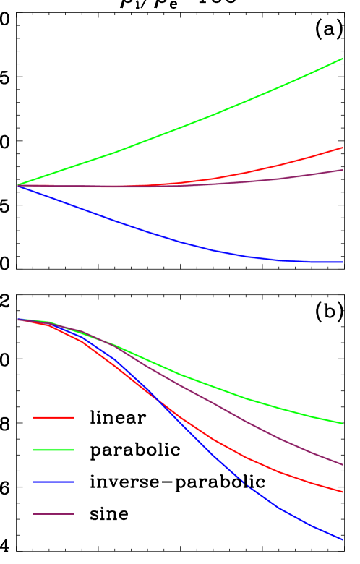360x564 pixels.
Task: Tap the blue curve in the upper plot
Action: tap(181, 241)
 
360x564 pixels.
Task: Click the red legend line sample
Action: tap(53, 417)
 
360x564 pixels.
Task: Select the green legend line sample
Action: tap(53, 450)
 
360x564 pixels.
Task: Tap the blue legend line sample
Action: tap(53, 482)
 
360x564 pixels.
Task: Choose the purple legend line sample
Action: tap(53, 514)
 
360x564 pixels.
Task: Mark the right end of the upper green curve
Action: tap(343, 59)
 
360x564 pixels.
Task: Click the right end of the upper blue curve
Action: tap(343, 262)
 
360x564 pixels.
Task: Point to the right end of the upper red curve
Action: tap(343, 148)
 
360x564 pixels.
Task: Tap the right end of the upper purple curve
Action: tap(343, 170)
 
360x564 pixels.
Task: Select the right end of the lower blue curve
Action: tap(343, 539)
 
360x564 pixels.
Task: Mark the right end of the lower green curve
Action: tap(343, 423)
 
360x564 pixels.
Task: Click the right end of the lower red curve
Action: tap(343, 492)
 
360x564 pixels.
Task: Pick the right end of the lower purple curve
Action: tap(343, 464)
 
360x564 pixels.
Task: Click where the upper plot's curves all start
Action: tap(17, 185)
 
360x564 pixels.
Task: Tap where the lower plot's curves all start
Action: tap(17, 319)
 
